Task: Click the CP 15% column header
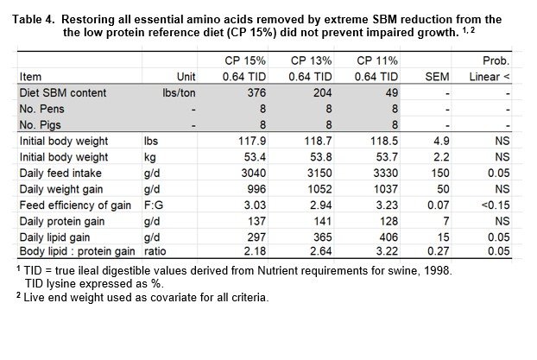(245, 60)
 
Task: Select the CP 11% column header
(377, 60)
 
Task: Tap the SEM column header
(437, 77)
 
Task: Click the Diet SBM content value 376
(256, 93)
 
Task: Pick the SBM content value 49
(392, 93)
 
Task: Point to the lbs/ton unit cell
(179, 93)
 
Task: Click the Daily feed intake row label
(60, 173)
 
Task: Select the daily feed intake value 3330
(386, 173)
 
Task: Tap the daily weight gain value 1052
(319, 189)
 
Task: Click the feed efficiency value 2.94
(321, 205)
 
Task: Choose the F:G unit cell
(154, 205)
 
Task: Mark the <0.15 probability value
(496, 205)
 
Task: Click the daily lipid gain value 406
(389, 237)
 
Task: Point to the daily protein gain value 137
(256, 221)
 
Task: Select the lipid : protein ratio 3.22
(387, 251)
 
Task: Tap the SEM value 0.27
(439, 251)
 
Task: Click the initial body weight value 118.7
(319, 141)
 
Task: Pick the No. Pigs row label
(40, 125)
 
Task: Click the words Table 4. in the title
(34, 19)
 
